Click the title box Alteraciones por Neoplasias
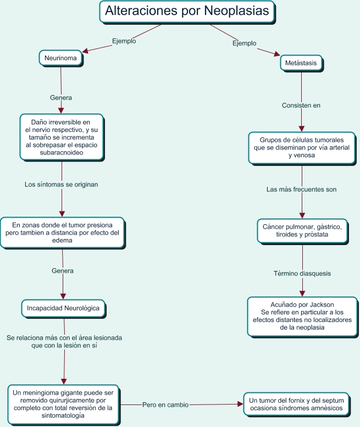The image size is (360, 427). tap(187, 11)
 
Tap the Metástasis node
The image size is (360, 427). tap(301, 63)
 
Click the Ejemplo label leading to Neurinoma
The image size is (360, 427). tap(124, 41)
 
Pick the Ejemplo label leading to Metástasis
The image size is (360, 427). tap(244, 43)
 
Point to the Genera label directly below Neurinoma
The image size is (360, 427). tap(61, 97)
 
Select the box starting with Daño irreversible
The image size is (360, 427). tap(62, 137)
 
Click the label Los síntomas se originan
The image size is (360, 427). tap(61, 185)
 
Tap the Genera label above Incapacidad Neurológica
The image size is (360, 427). tap(62, 271)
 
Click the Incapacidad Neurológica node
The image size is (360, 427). tap(63, 308)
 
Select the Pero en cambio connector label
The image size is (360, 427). tap(165, 404)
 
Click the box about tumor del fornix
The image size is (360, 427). tap(296, 404)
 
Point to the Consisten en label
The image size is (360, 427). tap(301, 105)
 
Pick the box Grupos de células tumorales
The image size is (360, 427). tap(301, 148)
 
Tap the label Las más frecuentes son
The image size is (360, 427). tap(301, 189)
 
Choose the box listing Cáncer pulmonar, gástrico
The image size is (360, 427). tap(302, 231)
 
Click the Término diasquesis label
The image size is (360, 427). tap(302, 273)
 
